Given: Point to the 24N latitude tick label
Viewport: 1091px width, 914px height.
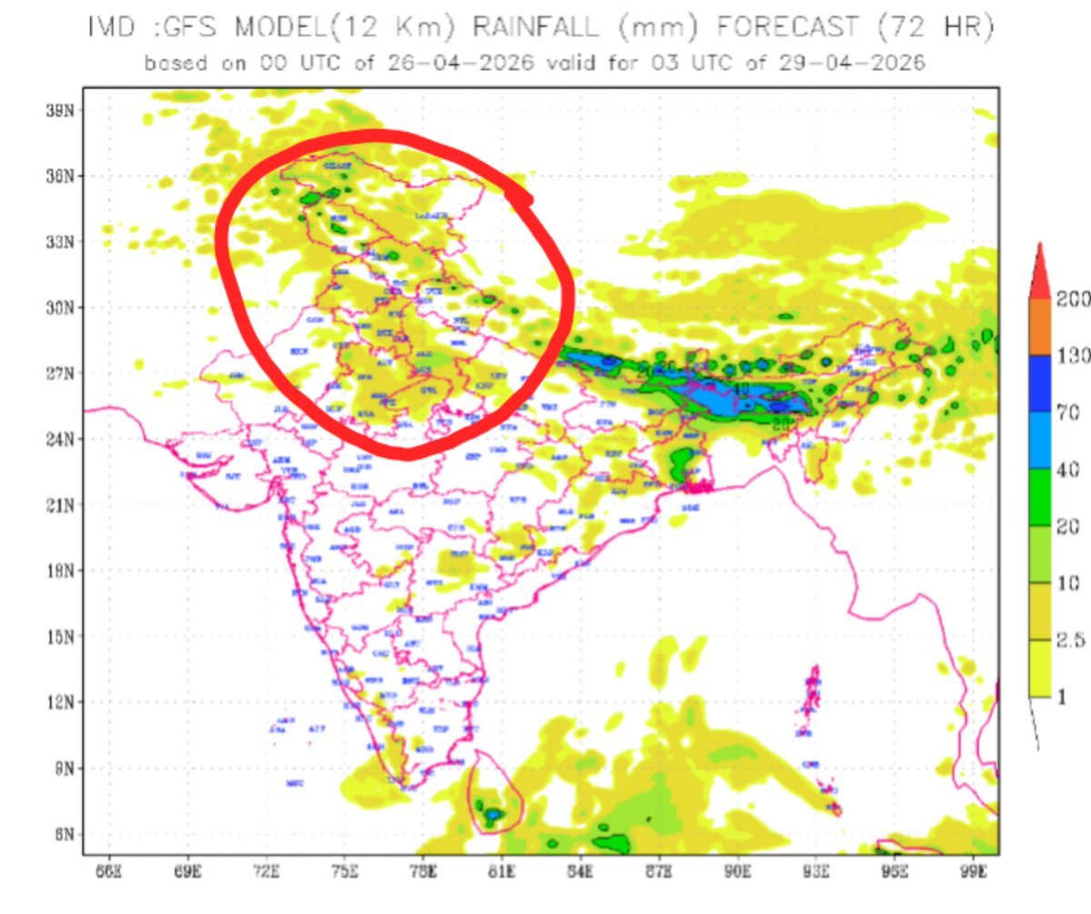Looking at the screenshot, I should click(x=59, y=439).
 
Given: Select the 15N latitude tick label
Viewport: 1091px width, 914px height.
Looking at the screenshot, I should click(x=59, y=637).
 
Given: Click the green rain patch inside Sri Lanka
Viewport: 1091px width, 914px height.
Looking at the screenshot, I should click(x=492, y=812).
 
